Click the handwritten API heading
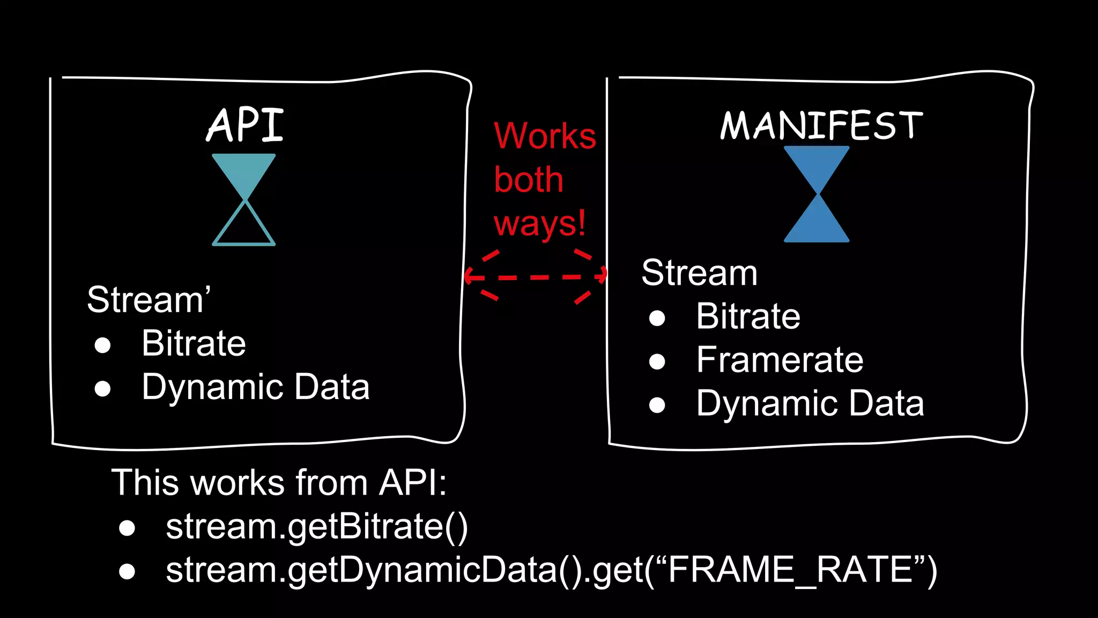click(245, 125)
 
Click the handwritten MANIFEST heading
click(821, 125)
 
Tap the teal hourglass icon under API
click(244, 200)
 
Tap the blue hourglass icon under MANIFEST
click(817, 194)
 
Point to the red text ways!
click(539, 223)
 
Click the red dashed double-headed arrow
click(535, 277)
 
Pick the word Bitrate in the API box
click(194, 343)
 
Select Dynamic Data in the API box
click(255, 387)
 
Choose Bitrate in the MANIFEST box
click(748, 316)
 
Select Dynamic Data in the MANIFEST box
click(810, 403)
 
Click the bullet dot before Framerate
click(657, 362)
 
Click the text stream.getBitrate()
click(317, 527)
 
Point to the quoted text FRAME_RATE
click(791, 570)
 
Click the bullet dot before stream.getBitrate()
click(127, 528)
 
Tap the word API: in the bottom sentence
click(413, 482)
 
